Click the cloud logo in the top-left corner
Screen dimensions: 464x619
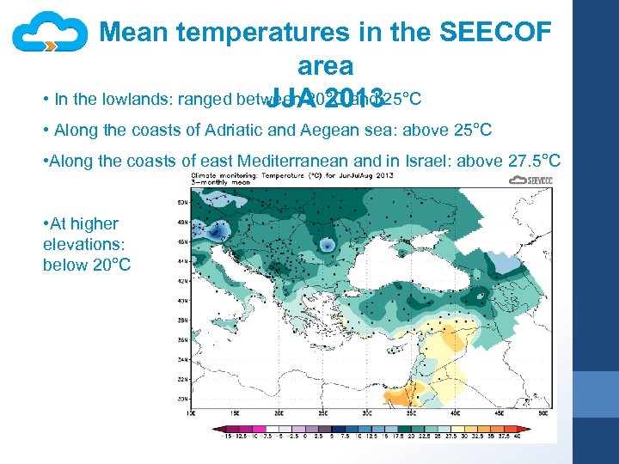[x=50, y=34]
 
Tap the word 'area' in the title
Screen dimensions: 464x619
[x=325, y=66]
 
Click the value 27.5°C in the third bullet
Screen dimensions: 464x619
[x=530, y=161]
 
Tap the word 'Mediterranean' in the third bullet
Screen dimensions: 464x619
[x=295, y=161]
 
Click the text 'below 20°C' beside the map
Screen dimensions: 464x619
[x=87, y=264]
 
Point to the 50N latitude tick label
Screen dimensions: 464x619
[x=182, y=201]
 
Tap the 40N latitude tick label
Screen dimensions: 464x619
[x=182, y=301]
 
